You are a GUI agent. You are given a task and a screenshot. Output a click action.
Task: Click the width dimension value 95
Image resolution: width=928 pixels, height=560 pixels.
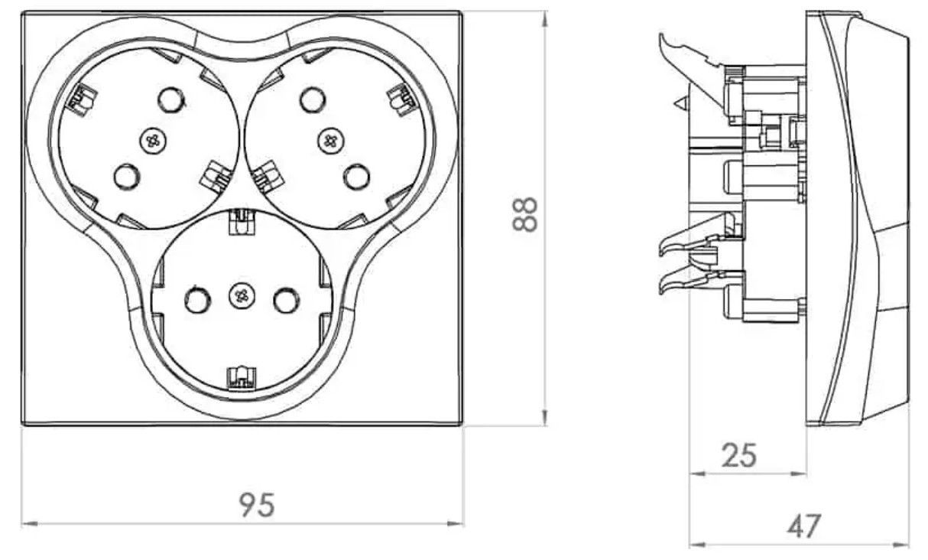[257, 505]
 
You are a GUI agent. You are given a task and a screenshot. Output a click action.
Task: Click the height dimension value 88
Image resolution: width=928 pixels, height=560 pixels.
[525, 214]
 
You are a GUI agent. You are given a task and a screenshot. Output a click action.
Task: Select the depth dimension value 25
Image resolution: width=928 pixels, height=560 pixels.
[739, 455]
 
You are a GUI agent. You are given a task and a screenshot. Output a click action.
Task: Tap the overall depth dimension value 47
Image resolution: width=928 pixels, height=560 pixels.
[803, 526]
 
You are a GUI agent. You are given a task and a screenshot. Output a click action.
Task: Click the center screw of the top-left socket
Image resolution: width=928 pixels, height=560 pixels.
[154, 140]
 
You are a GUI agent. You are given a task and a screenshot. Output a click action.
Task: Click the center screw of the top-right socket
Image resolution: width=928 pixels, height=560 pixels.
[330, 141]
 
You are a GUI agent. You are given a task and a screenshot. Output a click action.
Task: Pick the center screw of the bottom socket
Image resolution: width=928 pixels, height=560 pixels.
[242, 295]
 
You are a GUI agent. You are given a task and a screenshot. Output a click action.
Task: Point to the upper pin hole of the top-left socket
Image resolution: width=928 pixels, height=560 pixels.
[171, 100]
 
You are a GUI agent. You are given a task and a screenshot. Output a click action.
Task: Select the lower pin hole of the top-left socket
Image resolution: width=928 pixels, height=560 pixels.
[127, 177]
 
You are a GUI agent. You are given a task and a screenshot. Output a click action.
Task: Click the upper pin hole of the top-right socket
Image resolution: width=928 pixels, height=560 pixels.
[313, 100]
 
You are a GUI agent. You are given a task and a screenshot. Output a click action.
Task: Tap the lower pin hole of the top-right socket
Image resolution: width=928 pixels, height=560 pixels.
[357, 177]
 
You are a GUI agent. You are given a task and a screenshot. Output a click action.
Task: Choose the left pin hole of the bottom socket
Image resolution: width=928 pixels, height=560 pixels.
[198, 300]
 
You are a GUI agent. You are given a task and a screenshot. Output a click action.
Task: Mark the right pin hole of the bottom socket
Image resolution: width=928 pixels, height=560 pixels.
[286, 300]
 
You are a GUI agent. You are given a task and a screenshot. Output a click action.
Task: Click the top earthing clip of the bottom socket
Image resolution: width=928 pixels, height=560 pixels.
[242, 222]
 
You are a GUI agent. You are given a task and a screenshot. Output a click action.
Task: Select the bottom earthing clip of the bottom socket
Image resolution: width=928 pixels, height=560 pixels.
[242, 379]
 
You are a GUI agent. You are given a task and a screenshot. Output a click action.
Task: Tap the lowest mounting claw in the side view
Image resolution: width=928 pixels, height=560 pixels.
[688, 282]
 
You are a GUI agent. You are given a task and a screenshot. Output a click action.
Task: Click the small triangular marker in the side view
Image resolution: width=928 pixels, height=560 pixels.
[680, 103]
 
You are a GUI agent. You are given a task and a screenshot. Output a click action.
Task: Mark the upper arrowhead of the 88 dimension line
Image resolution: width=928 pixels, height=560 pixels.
[545, 19]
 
